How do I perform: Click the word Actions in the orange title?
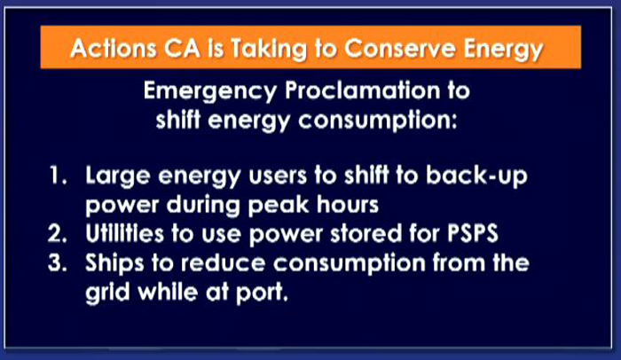[x=114, y=48]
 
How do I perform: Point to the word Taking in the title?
[x=269, y=50]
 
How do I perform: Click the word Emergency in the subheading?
[x=210, y=92]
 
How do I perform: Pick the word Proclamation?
[x=362, y=90]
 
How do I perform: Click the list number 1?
[x=59, y=175]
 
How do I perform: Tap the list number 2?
[x=58, y=234]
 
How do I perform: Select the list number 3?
[x=58, y=262]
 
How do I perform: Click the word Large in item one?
[x=118, y=176]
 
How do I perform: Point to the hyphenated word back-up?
[x=476, y=176]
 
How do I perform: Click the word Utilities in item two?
[x=124, y=233]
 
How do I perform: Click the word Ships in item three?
[x=114, y=263]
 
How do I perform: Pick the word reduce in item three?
[x=223, y=262]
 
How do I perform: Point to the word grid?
[x=107, y=293]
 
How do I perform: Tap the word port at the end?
[x=262, y=293]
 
